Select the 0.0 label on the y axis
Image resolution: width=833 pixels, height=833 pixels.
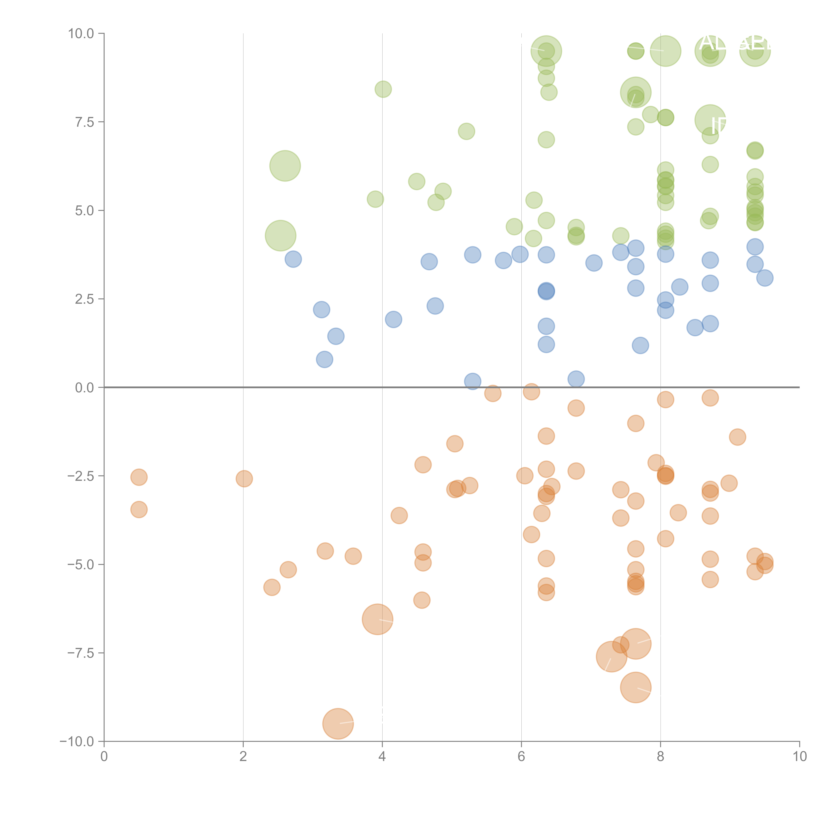tap(84, 388)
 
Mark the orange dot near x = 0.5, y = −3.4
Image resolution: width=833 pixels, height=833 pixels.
tap(139, 510)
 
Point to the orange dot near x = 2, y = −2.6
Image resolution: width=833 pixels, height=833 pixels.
tap(244, 479)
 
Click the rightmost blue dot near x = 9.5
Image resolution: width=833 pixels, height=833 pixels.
tap(765, 278)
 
